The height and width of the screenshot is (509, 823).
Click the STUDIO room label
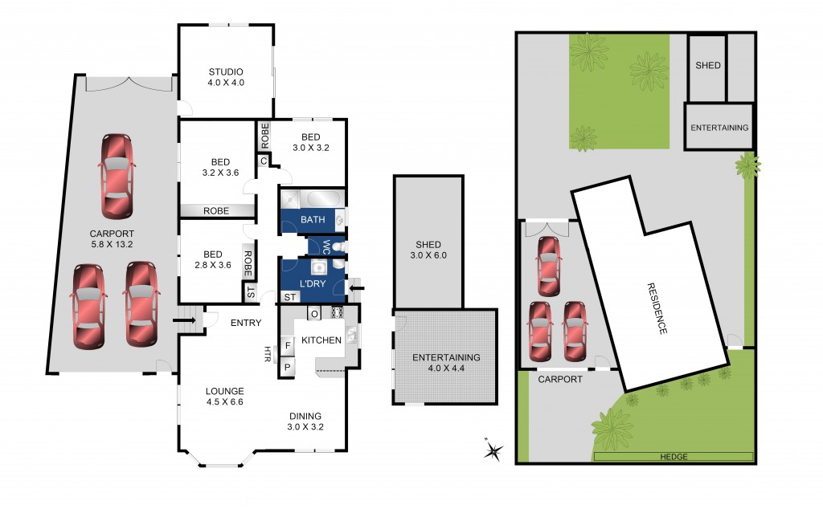pyautogui.click(x=226, y=71)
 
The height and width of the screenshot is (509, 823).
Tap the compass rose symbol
pyautogui.click(x=493, y=450)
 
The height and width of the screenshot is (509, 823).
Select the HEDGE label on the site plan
pyautogui.click(x=674, y=457)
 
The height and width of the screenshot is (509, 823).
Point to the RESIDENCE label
pyautogui.click(x=657, y=308)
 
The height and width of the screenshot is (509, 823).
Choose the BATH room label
pyautogui.click(x=313, y=220)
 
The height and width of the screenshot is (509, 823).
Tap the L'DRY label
pyautogui.click(x=313, y=283)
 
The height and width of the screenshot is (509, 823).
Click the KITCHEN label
pyautogui.click(x=321, y=340)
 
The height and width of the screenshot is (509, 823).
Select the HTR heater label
pyautogui.click(x=268, y=354)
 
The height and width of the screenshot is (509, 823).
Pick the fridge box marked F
pyautogui.click(x=288, y=346)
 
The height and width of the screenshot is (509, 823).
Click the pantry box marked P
pyautogui.click(x=288, y=367)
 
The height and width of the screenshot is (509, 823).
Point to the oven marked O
pyautogui.click(x=314, y=313)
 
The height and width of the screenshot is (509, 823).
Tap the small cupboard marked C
pyautogui.click(x=264, y=161)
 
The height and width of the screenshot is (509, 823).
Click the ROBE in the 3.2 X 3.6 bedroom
pyautogui.click(x=216, y=210)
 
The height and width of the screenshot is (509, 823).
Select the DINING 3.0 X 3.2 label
pyautogui.click(x=305, y=421)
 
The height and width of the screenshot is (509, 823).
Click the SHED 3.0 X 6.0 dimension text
pyautogui.click(x=428, y=255)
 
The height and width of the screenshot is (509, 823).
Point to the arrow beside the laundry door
pyautogui.click(x=357, y=287)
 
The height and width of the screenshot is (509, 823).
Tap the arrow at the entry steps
pyautogui.click(x=184, y=320)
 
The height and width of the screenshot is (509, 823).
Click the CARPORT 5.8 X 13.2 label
pyautogui.click(x=112, y=239)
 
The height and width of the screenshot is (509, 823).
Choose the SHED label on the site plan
pyautogui.click(x=707, y=66)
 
